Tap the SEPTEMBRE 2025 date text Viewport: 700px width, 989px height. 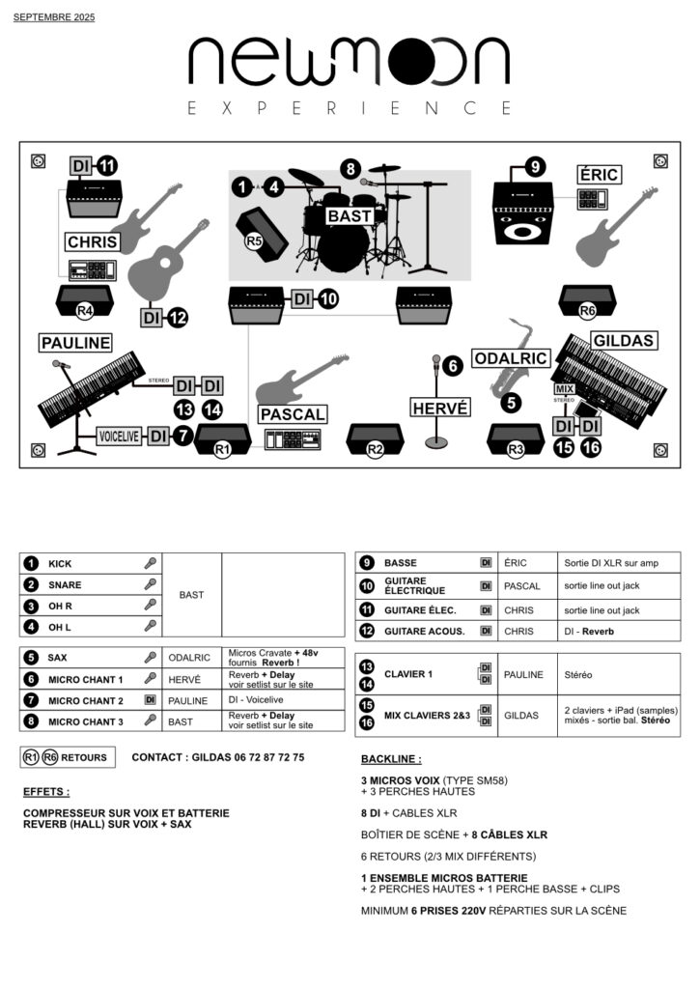pyautogui.click(x=54, y=17)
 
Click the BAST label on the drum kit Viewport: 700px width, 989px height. pyautogui.click(x=349, y=216)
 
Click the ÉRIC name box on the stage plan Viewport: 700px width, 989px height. pyautogui.click(x=599, y=175)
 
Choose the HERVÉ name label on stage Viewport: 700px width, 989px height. pyautogui.click(x=440, y=409)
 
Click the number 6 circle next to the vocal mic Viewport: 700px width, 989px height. pyautogui.click(x=454, y=366)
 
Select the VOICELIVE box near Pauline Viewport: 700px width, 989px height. pyautogui.click(x=120, y=437)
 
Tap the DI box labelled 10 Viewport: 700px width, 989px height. pyautogui.click(x=303, y=299)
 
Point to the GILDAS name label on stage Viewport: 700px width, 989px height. pyautogui.click(x=624, y=340)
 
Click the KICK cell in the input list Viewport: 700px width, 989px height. pyautogui.click(x=60, y=563)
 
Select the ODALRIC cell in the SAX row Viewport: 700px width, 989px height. pyautogui.click(x=189, y=658)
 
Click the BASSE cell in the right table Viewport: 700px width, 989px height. pyautogui.click(x=401, y=562)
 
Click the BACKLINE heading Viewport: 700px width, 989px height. pyautogui.click(x=390, y=759)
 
